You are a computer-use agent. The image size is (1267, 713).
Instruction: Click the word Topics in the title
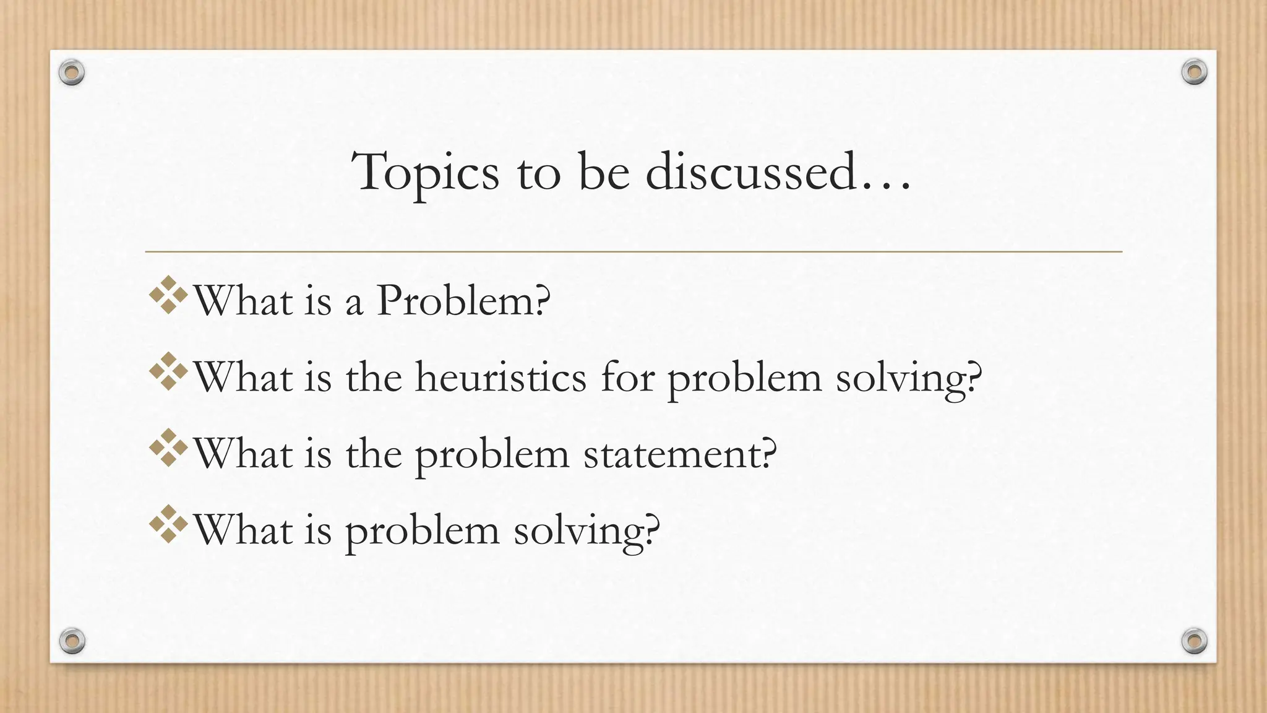click(426, 173)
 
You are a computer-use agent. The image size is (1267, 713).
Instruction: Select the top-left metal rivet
click(72, 73)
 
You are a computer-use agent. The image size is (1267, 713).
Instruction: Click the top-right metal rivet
click(1194, 72)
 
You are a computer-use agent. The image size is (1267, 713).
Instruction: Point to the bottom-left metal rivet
click(72, 641)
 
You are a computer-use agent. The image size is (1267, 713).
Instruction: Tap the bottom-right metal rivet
click(1194, 641)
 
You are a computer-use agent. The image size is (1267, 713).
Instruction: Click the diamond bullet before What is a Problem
click(168, 295)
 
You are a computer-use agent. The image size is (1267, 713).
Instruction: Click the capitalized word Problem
click(463, 301)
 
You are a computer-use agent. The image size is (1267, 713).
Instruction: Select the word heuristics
click(500, 377)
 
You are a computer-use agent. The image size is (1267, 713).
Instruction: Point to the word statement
click(680, 454)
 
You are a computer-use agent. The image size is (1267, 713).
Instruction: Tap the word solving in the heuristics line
click(908, 378)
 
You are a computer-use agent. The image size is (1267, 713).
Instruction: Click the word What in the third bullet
click(243, 454)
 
